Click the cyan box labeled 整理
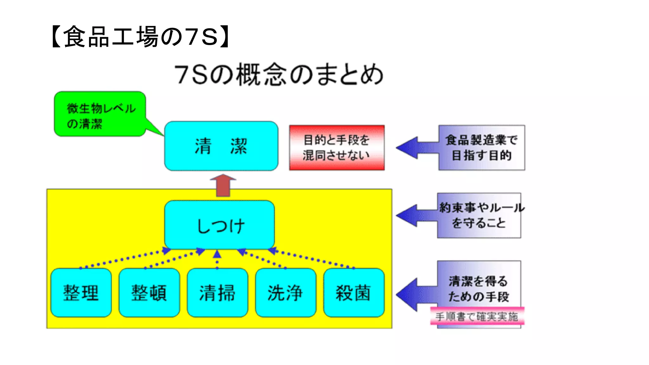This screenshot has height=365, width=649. [x=81, y=293]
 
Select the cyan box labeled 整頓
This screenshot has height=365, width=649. [x=149, y=293]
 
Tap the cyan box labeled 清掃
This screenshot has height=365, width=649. [x=217, y=293]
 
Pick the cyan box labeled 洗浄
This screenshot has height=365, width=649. [x=286, y=293]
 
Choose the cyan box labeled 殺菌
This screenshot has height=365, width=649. [x=354, y=293]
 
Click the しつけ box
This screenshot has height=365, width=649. [x=220, y=225]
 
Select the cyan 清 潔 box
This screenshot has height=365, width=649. [x=221, y=146]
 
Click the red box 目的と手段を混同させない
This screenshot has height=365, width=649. [x=337, y=148]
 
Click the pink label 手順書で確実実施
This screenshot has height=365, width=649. [x=477, y=316]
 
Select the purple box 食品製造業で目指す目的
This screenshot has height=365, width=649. [x=482, y=148]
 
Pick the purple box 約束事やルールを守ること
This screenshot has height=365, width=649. [x=479, y=215]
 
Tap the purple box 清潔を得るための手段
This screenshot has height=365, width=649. [x=479, y=285]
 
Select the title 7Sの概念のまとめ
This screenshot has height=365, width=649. [x=279, y=75]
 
